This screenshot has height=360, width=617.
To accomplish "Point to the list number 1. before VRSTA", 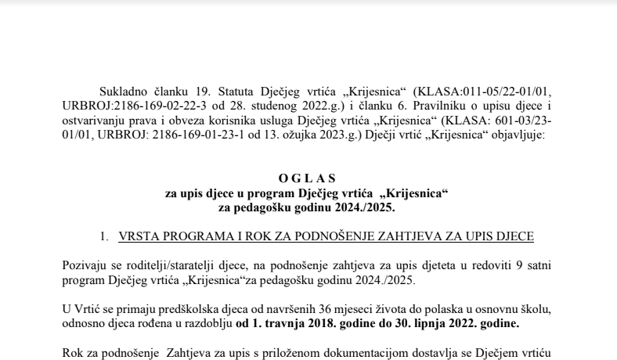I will pos(103,236).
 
